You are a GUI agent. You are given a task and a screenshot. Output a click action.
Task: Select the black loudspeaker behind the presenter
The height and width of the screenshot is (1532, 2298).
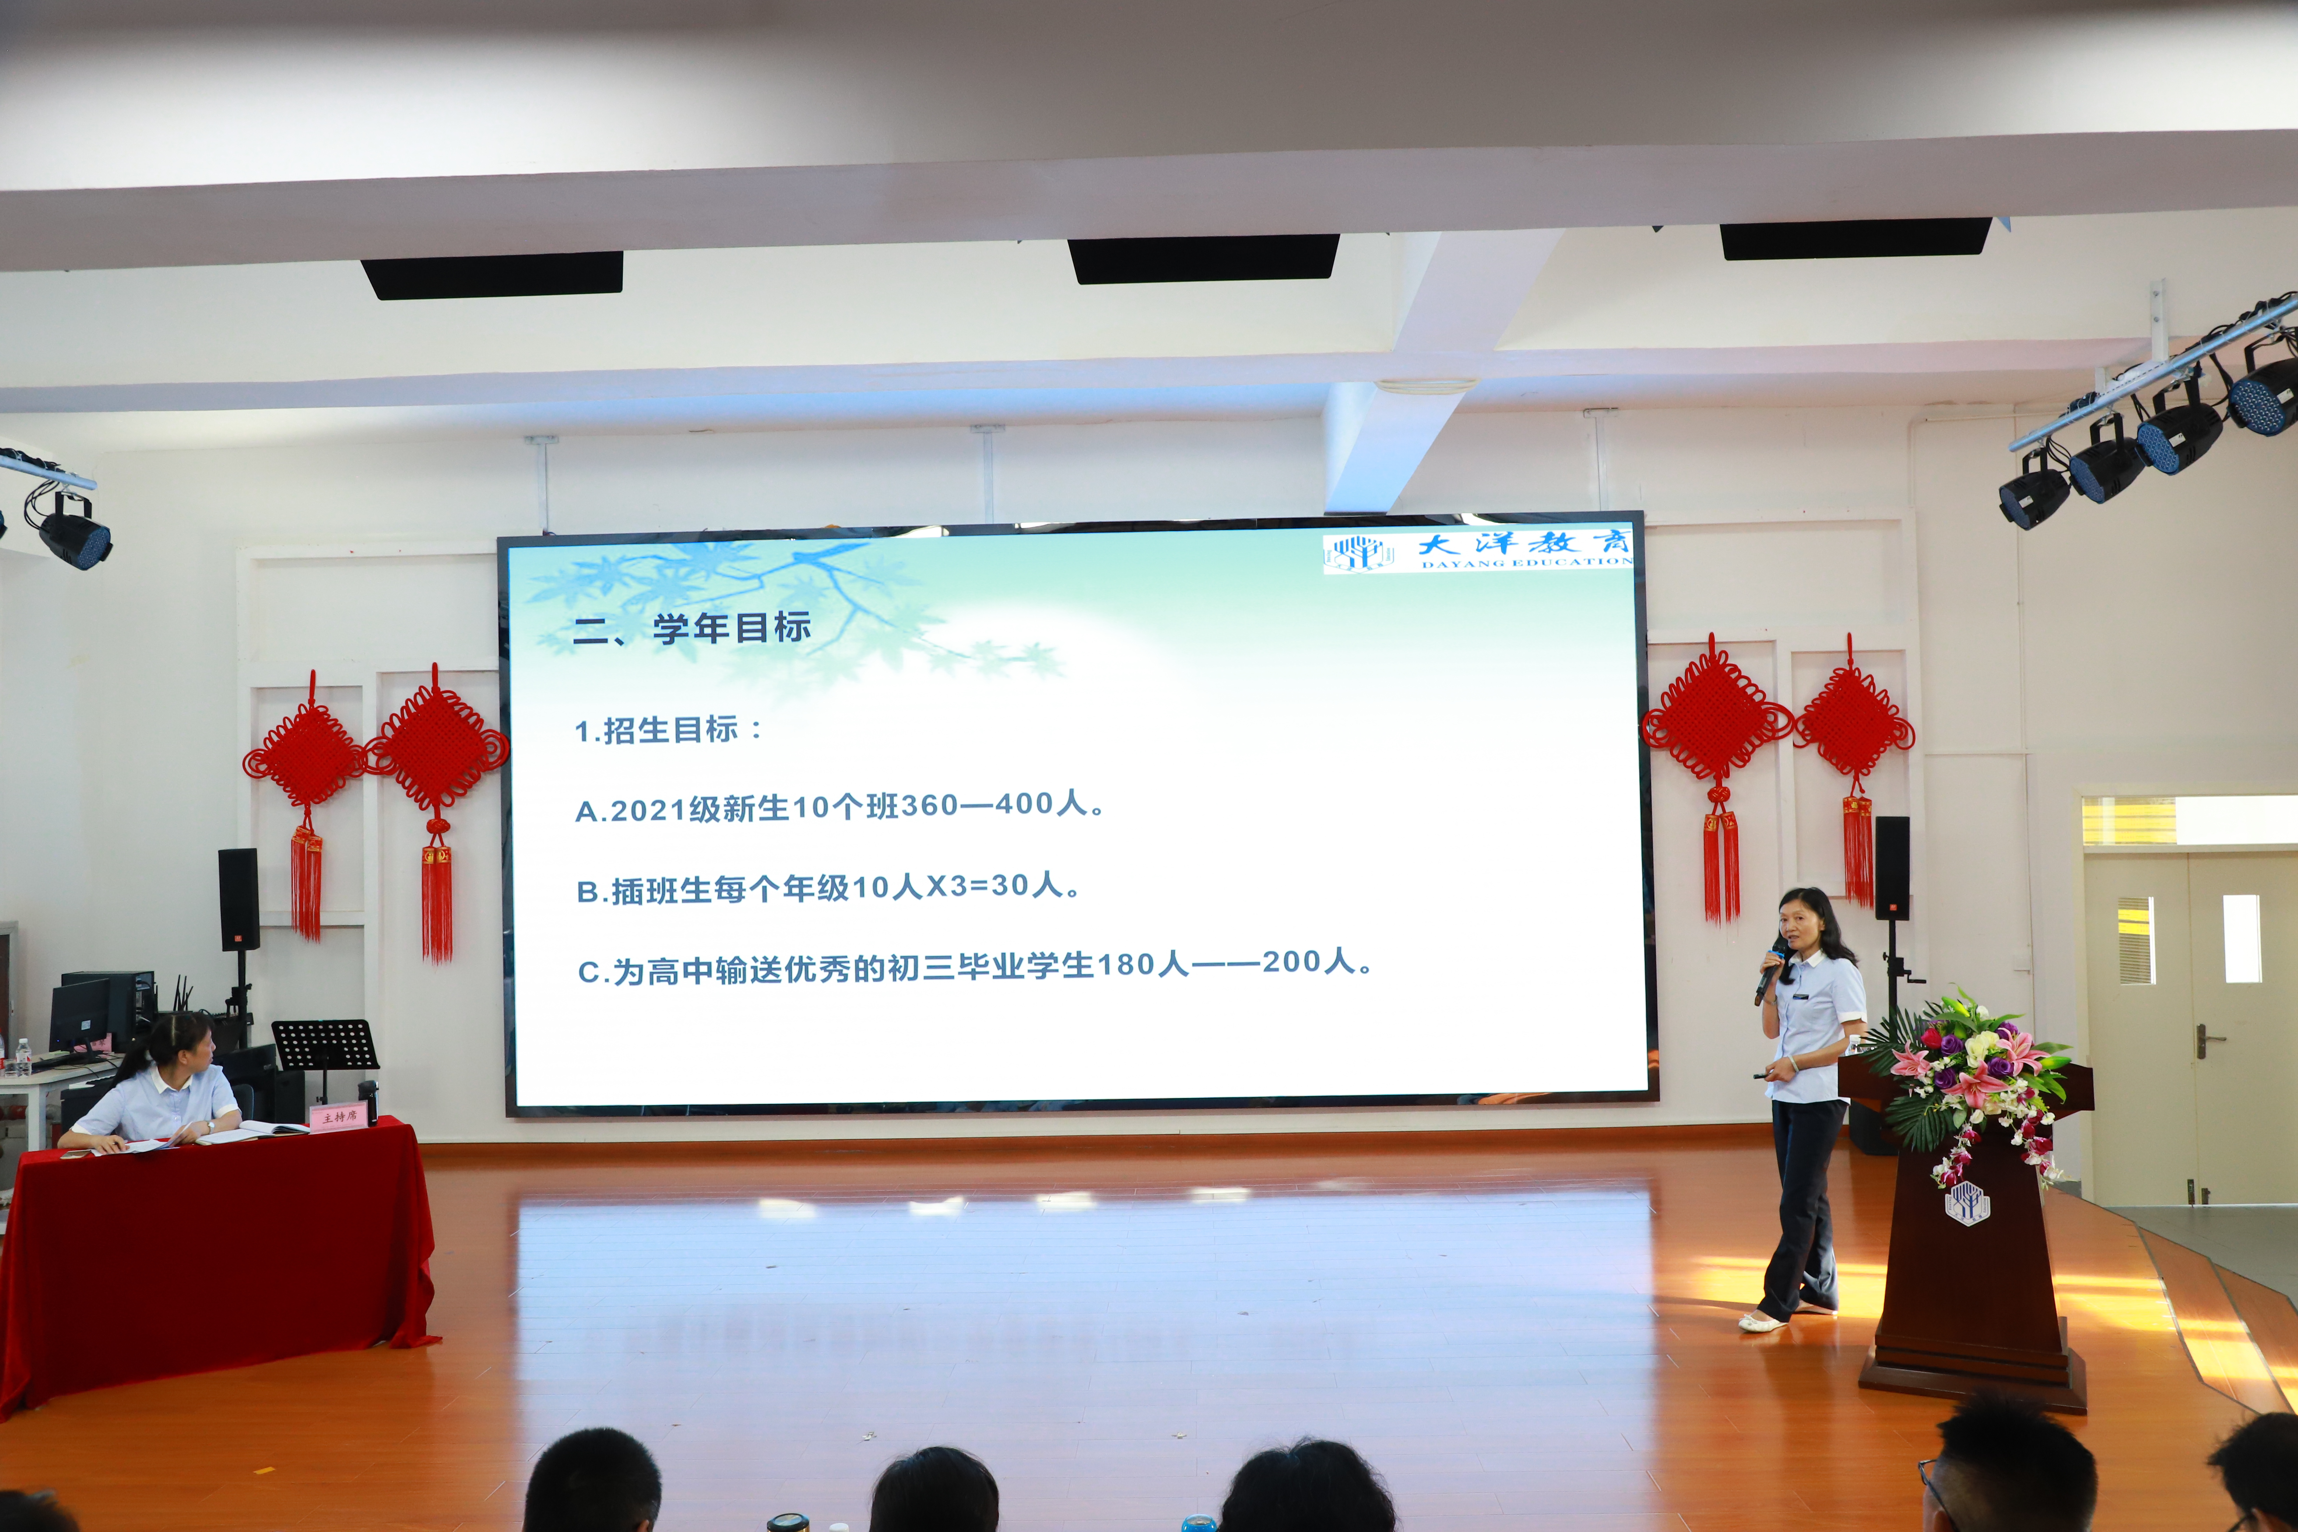tap(1891, 868)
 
